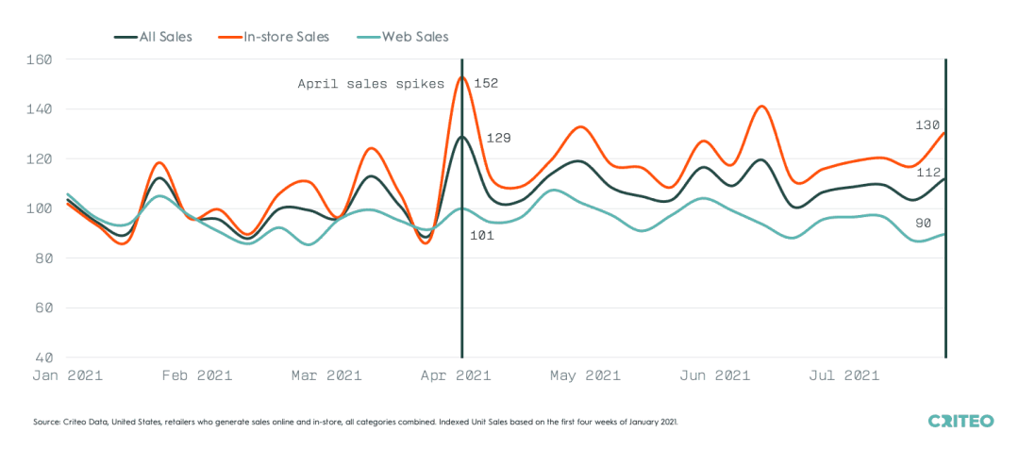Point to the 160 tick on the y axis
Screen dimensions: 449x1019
[x=40, y=59]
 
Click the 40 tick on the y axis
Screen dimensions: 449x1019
[x=43, y=358]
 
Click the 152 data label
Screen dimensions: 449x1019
[x=485, y=83]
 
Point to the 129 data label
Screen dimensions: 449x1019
[x=498, y=138]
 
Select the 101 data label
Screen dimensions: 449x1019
[x=483, y=235]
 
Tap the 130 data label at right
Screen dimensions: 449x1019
[x=928, y=125]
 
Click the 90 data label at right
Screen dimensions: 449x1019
[x=924, y=223]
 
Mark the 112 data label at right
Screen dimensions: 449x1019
[x=928, y=173]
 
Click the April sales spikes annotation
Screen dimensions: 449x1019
[x=371, y=84]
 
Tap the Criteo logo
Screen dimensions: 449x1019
[x=961, y=420]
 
